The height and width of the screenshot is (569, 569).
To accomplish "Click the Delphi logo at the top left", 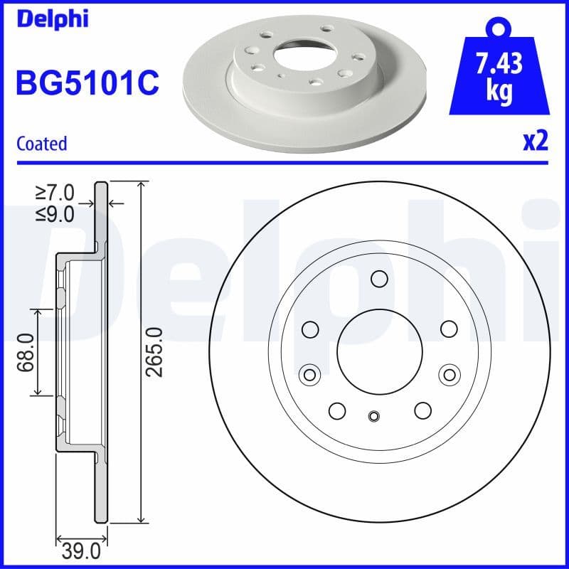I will point(51,18).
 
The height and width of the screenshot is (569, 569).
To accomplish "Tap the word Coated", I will point(41,143).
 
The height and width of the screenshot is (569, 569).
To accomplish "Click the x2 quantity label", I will point(535,142).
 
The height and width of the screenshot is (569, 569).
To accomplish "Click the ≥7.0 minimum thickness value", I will point(55,192).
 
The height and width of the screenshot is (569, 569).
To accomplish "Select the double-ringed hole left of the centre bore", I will point(309,374).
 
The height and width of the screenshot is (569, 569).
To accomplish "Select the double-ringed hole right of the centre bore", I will point(449,374).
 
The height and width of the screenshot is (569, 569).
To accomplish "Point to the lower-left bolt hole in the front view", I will point(337,410).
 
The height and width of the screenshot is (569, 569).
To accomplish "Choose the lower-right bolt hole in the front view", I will point(423,410).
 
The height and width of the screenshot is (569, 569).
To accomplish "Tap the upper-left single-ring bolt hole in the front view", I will point(310,329).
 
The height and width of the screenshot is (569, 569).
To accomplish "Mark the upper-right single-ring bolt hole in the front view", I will point(448,329).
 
